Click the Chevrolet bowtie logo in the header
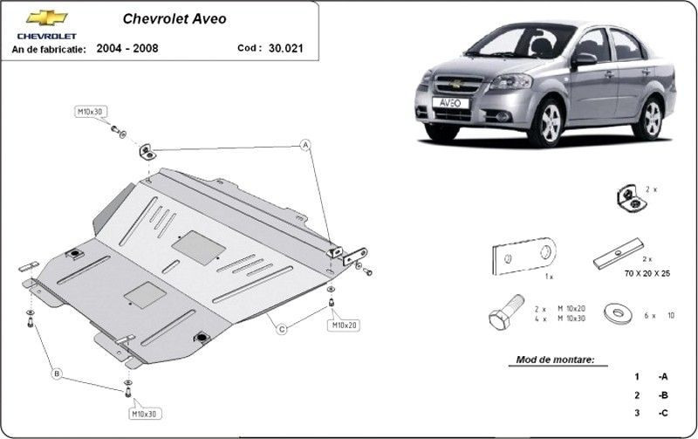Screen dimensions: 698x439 (47, 17)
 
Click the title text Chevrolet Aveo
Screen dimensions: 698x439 (174, 18)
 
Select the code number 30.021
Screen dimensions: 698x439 (286, 48)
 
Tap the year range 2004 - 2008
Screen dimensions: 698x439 (127, 48)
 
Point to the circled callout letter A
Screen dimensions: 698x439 (305, 145)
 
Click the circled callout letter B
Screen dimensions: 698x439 (57, 374)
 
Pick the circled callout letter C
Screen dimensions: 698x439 (282, 330)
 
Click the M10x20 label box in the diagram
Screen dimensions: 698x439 (344, 326)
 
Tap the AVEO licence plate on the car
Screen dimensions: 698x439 (450, 103)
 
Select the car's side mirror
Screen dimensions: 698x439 (584, 59)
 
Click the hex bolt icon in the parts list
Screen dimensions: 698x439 (506, 312)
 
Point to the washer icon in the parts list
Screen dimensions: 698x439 (618, 312)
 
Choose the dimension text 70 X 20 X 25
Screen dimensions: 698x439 (647, 273)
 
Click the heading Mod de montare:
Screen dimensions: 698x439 (555, 360)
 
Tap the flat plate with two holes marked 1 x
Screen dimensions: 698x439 (523, 256)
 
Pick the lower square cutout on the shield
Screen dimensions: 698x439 (145, 295)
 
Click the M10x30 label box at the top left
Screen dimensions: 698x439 (91, 112)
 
